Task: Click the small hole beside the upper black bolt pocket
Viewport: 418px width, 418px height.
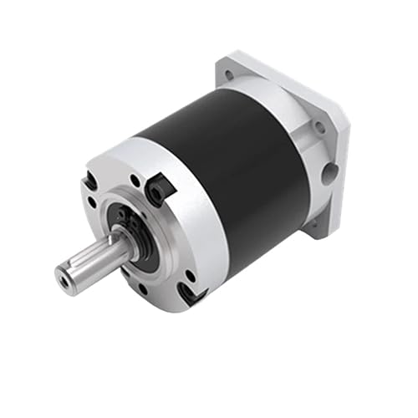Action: tap(135, 180)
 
